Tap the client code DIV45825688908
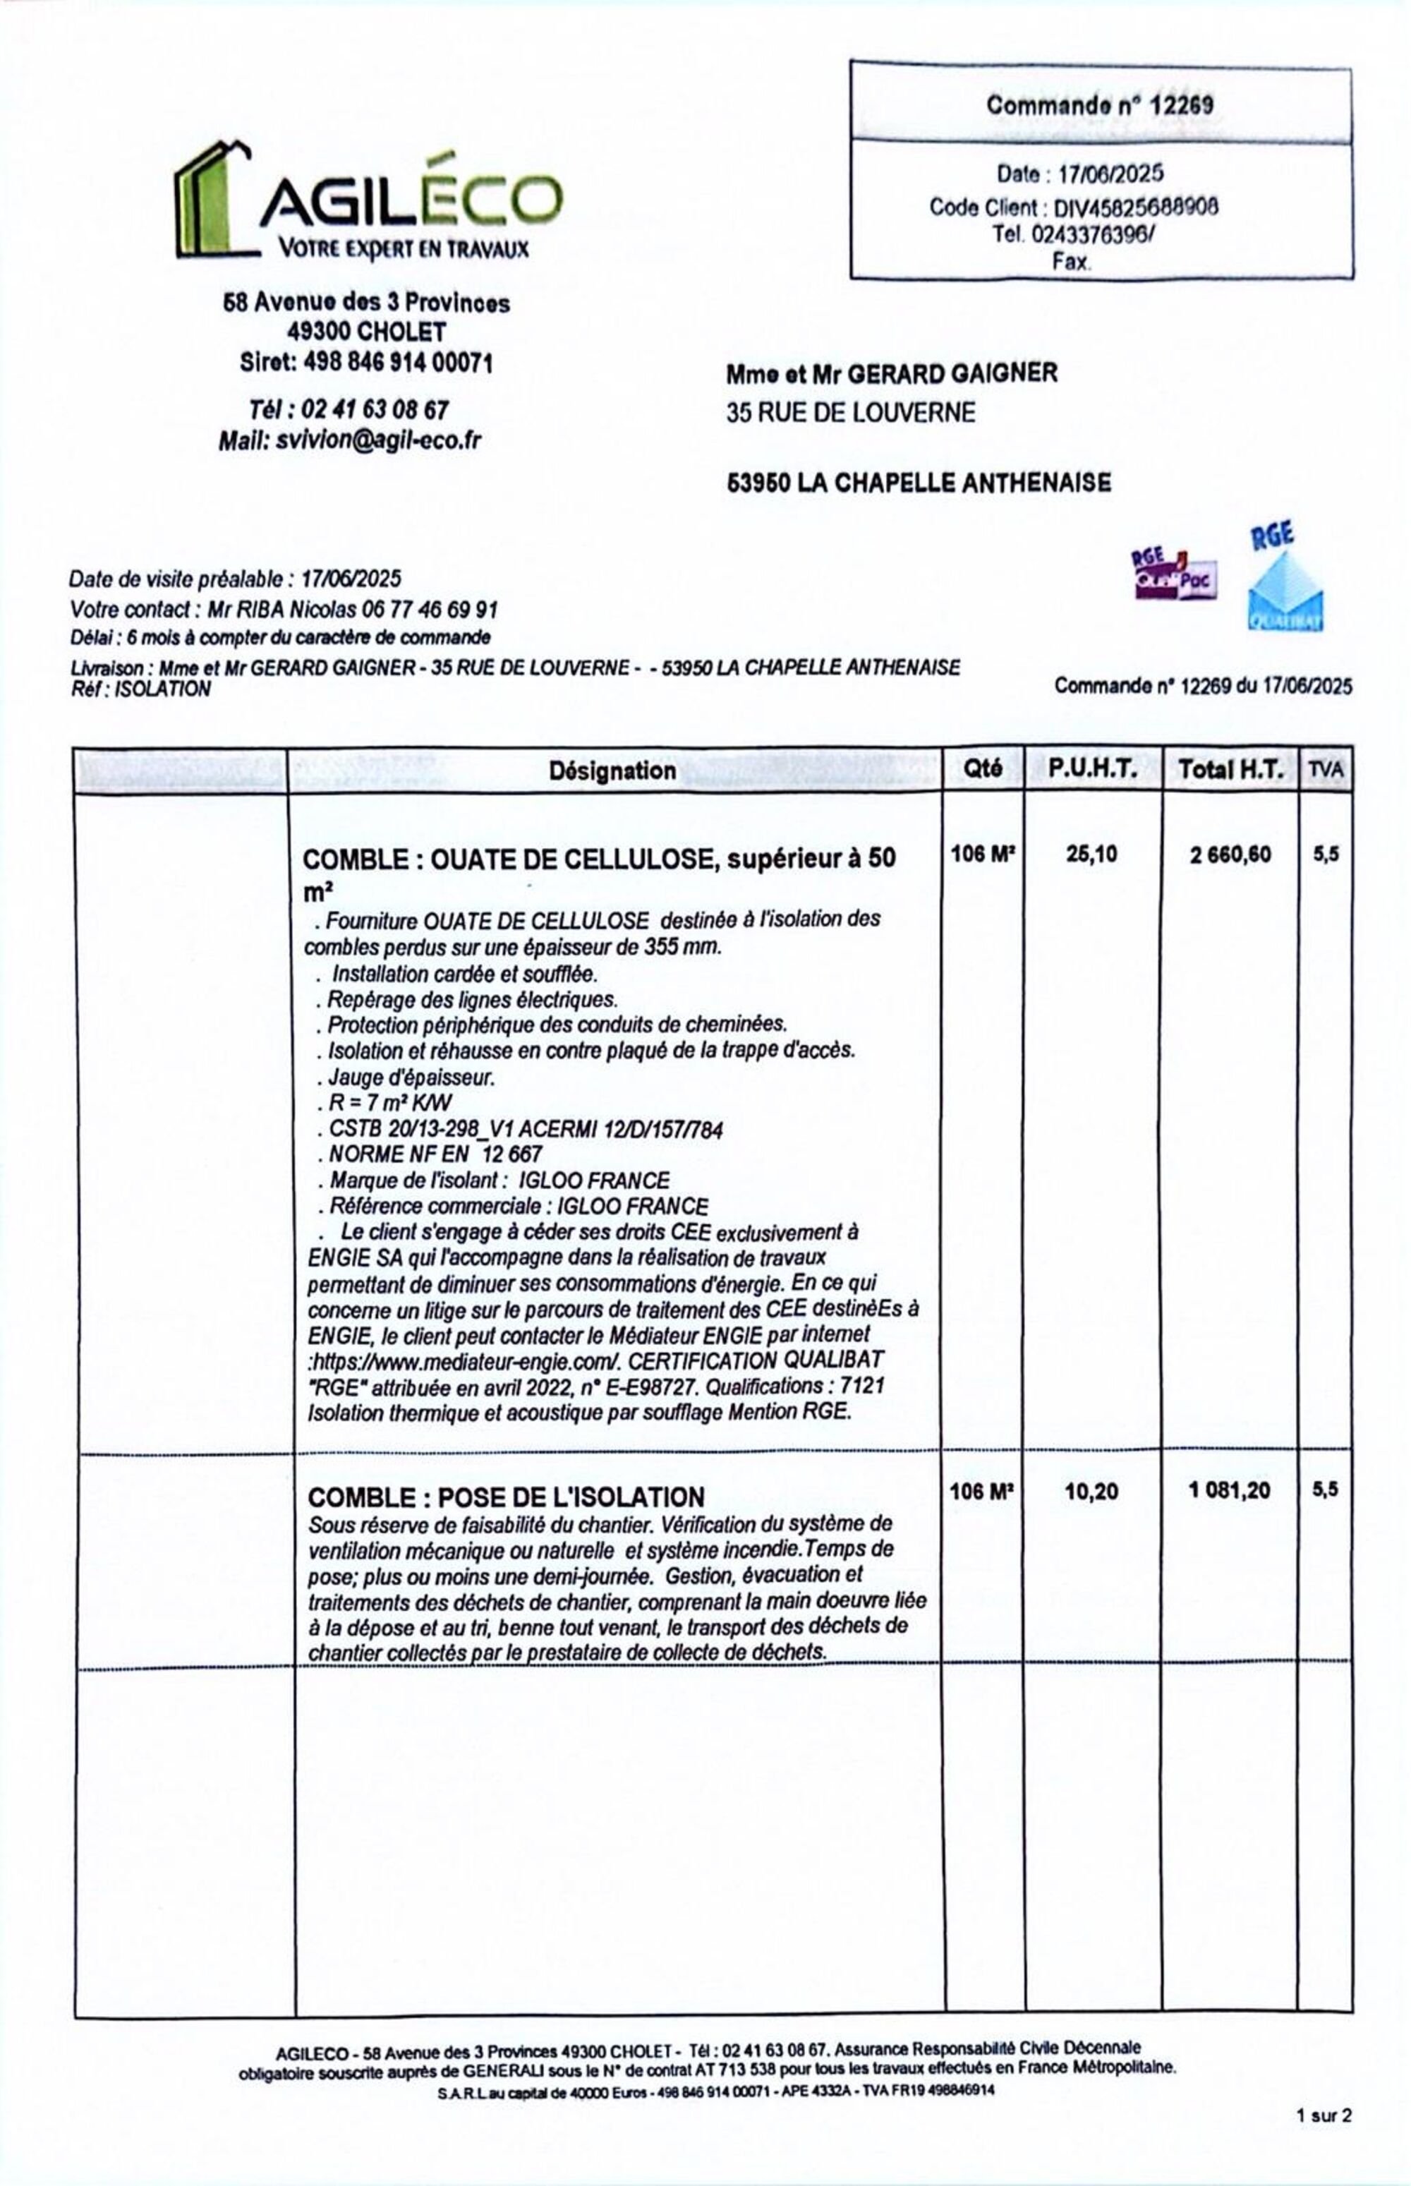click(1135, 207)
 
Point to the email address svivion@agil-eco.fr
click(378, 441)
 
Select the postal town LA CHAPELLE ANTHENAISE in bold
click(954, 482)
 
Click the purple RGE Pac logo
click(1174, 574)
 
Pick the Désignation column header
click(612, 771)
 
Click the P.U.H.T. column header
click(1092, 768)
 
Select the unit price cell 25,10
click(1091, 854)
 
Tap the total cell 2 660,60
click(1230, 855)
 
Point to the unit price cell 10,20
click(1091, 1492)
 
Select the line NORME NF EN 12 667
click(435, 1154)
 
